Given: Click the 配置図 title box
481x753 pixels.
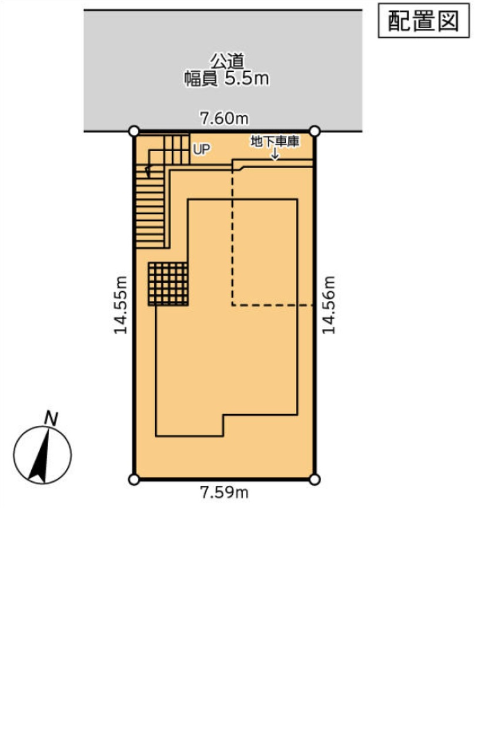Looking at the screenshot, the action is tap(423, 21).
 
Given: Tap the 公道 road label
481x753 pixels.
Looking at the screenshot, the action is tap(227, 61).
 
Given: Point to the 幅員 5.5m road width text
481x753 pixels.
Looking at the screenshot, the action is tap(226, 79).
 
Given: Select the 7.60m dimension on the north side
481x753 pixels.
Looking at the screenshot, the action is tap(225, 118).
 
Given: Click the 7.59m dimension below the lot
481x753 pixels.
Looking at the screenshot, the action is tap(225, 492).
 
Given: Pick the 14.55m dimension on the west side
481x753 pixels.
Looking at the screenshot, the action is tap(120, 305).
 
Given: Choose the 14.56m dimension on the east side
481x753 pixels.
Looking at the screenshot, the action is tap(329, 305).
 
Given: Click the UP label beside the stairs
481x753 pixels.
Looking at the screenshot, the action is tap(202, 149).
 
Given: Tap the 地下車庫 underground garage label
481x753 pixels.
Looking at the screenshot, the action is tap(275, 142).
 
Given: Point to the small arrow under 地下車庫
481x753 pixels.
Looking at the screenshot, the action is tap(275, 154).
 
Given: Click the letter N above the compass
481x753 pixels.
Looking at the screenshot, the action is tap(51, 418).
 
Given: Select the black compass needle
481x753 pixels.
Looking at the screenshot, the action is tap(40, 457).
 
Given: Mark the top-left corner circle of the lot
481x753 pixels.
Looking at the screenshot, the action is tap(134, 131).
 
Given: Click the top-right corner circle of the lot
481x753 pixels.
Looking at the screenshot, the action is tap(315, 131).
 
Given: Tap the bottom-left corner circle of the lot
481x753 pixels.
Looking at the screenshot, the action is tap(134, 479).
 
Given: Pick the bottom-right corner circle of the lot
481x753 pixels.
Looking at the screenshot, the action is tap(315, 479).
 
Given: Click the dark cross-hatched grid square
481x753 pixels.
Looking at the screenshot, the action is tap(168, 284).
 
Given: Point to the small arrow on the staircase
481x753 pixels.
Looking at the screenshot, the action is tap(148, 171).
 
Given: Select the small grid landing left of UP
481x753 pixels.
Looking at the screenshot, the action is tap(176, 149).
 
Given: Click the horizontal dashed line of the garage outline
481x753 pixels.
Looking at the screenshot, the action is tap(272, 305).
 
